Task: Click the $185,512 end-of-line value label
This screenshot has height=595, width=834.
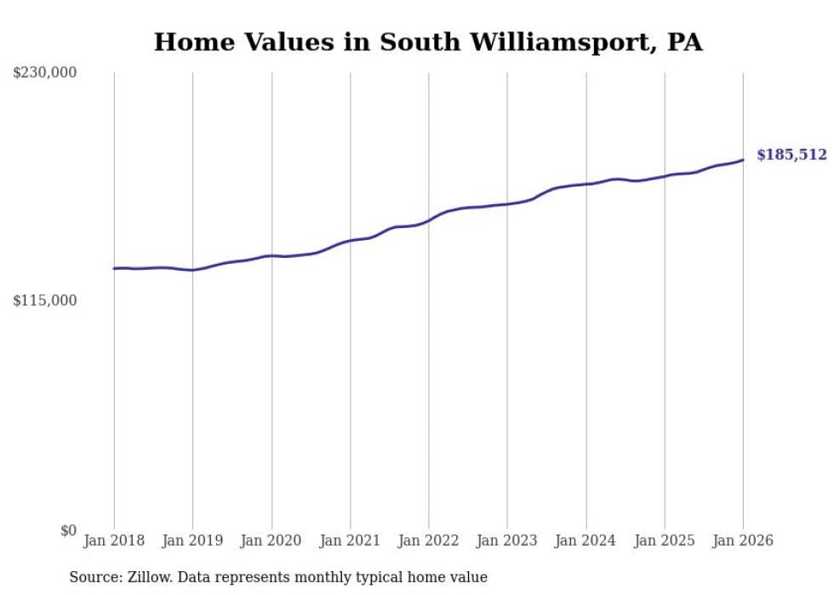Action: pyautogui.click(x=791, y=155)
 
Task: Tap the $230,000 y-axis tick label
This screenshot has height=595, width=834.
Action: pyautogui.click(x=44, y=73)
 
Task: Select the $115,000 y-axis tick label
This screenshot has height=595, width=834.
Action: pyautogui.click(x=44, y=300)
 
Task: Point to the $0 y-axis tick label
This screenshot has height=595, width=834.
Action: pyautogui.click(x=68, y=530)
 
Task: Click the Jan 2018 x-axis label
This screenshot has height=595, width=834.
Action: pyautogui.click(x=114, y=541)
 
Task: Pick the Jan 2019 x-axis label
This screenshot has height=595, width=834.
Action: pyautogui.click(x=192, y=541)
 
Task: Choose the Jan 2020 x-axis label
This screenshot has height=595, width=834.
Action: pyautogui.click(x=271, y=541)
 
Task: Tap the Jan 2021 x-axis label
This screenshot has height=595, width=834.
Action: pyautogui.click(x=350, y=541)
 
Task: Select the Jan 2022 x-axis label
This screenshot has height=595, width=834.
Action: pyautogui.click(x=429, y=541)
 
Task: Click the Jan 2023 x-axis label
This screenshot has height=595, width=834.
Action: pyautogui.click(x=507, y=541)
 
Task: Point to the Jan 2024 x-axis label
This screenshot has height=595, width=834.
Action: pyautogui.click(x=586, y=541)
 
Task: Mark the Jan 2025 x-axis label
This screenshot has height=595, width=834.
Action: pyautogui.click(x=665, y=541)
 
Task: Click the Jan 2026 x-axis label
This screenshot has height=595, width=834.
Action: pyautogui.click(x=743, y=541)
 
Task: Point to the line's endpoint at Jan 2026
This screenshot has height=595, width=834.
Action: pyautogui.click(x=743, y=160)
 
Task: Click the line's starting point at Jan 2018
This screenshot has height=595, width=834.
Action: pyautogui.click(x=114, y=269)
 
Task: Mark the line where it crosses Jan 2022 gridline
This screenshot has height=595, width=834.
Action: pyautogui.click(x=429, y=220)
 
